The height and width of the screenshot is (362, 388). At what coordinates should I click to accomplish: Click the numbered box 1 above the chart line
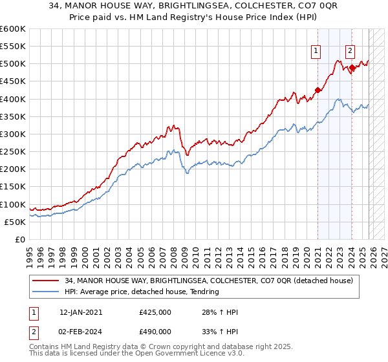(x=316, y=51)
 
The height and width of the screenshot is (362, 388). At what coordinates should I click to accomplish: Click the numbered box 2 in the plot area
(x=350, y=51)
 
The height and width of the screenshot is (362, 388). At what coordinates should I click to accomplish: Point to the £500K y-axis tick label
(x=13, y=64)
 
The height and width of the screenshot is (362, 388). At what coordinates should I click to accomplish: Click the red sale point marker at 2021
(x=318, y=90)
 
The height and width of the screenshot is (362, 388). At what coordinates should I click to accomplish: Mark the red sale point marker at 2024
(x=352, y=67)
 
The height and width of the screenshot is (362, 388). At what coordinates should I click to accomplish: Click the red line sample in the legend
(x=46, y=281)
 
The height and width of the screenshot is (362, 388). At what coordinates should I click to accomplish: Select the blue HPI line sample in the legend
(x=46, y=292)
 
